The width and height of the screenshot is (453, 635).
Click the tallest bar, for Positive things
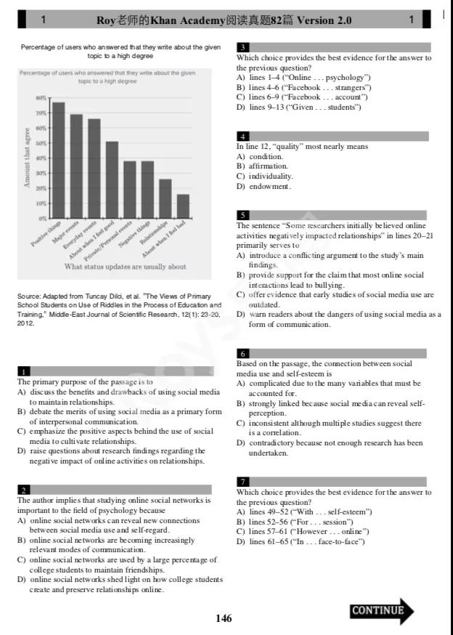59,160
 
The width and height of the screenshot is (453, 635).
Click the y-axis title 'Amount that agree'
28,158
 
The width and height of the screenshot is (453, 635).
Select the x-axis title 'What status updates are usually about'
126,267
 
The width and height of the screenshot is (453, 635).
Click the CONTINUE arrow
381,610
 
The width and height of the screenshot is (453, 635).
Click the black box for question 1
25,371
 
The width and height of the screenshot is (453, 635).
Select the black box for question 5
244,215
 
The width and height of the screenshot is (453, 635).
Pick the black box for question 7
244,482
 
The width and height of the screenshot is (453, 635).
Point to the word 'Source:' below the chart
29,296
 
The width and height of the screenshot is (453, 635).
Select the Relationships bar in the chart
166,198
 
